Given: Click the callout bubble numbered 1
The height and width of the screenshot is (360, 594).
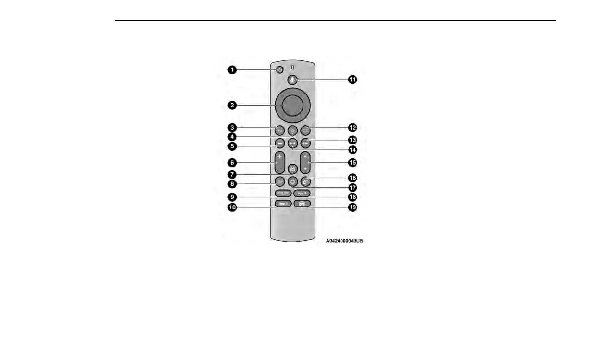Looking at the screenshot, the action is tap(233, 70).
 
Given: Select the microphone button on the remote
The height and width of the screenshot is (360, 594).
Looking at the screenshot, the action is tap(293, 80).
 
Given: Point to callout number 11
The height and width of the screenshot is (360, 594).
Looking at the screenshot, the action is tap(353, 80).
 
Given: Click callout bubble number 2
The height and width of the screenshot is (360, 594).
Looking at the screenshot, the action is tap(233, 105).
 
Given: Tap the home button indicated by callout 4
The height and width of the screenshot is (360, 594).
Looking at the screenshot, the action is tap(293, 130).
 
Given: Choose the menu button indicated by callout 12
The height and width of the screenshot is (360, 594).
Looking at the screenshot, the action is tap(306, 130).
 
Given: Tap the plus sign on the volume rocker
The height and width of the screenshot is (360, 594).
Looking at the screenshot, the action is tap(279, 157).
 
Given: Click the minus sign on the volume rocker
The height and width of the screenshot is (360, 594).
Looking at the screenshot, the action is tap(279, 170).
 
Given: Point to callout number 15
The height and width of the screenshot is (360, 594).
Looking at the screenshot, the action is tap(353, 162).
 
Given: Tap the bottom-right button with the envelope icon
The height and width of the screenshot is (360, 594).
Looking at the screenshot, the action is tap(302, 204).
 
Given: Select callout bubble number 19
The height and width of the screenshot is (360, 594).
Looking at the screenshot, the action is tap(353, 207).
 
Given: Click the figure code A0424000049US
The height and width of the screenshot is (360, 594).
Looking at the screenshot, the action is tap(344, 241).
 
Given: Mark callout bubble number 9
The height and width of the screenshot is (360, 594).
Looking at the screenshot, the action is tap(233, 197).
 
